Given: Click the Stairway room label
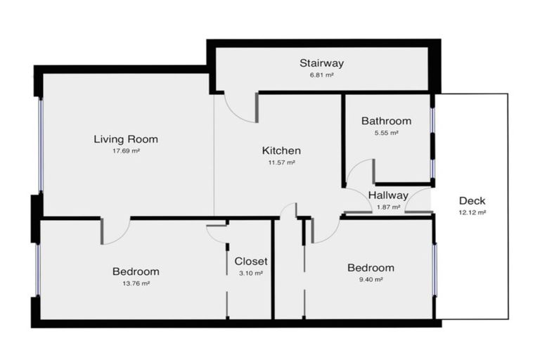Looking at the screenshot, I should pyautogui.click(x=321, y=63).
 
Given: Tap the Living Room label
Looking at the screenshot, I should pyautogui.click(x=126, y=139).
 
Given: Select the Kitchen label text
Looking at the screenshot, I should pyautogui.click(x=281, y=150).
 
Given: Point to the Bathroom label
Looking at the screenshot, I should pyautogui.click(x=386, y=121).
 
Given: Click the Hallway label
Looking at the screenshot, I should pyautogui.click(x=387, y=195).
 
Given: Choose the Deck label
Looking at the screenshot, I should pyautogui.click(x=471, y=200).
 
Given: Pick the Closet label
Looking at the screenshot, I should pyautogui.click(x=250, y=261).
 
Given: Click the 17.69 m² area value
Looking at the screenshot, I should pyautogui.click(x=126, y=150).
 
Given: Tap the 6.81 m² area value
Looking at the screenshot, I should pyautogui.click(x=321, y=74).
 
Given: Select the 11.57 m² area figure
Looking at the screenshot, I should pyautogui.click(x=281, y=162).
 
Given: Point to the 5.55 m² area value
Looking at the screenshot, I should pyautogui.click(x=386, y=132).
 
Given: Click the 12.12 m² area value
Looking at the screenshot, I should pyautogui.click(x=471, y=212).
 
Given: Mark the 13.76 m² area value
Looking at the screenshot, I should pyautogui.click(x=136, y=283).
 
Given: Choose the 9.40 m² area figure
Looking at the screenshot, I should pyautogui.click(x=371, y=279).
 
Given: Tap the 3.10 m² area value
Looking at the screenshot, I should pyautogui.click(x=250, y=273).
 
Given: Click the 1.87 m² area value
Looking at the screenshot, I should pyautogui.click(x=387, y=207).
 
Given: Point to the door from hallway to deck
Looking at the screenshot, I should pyautogui.click(x=420, y=203).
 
